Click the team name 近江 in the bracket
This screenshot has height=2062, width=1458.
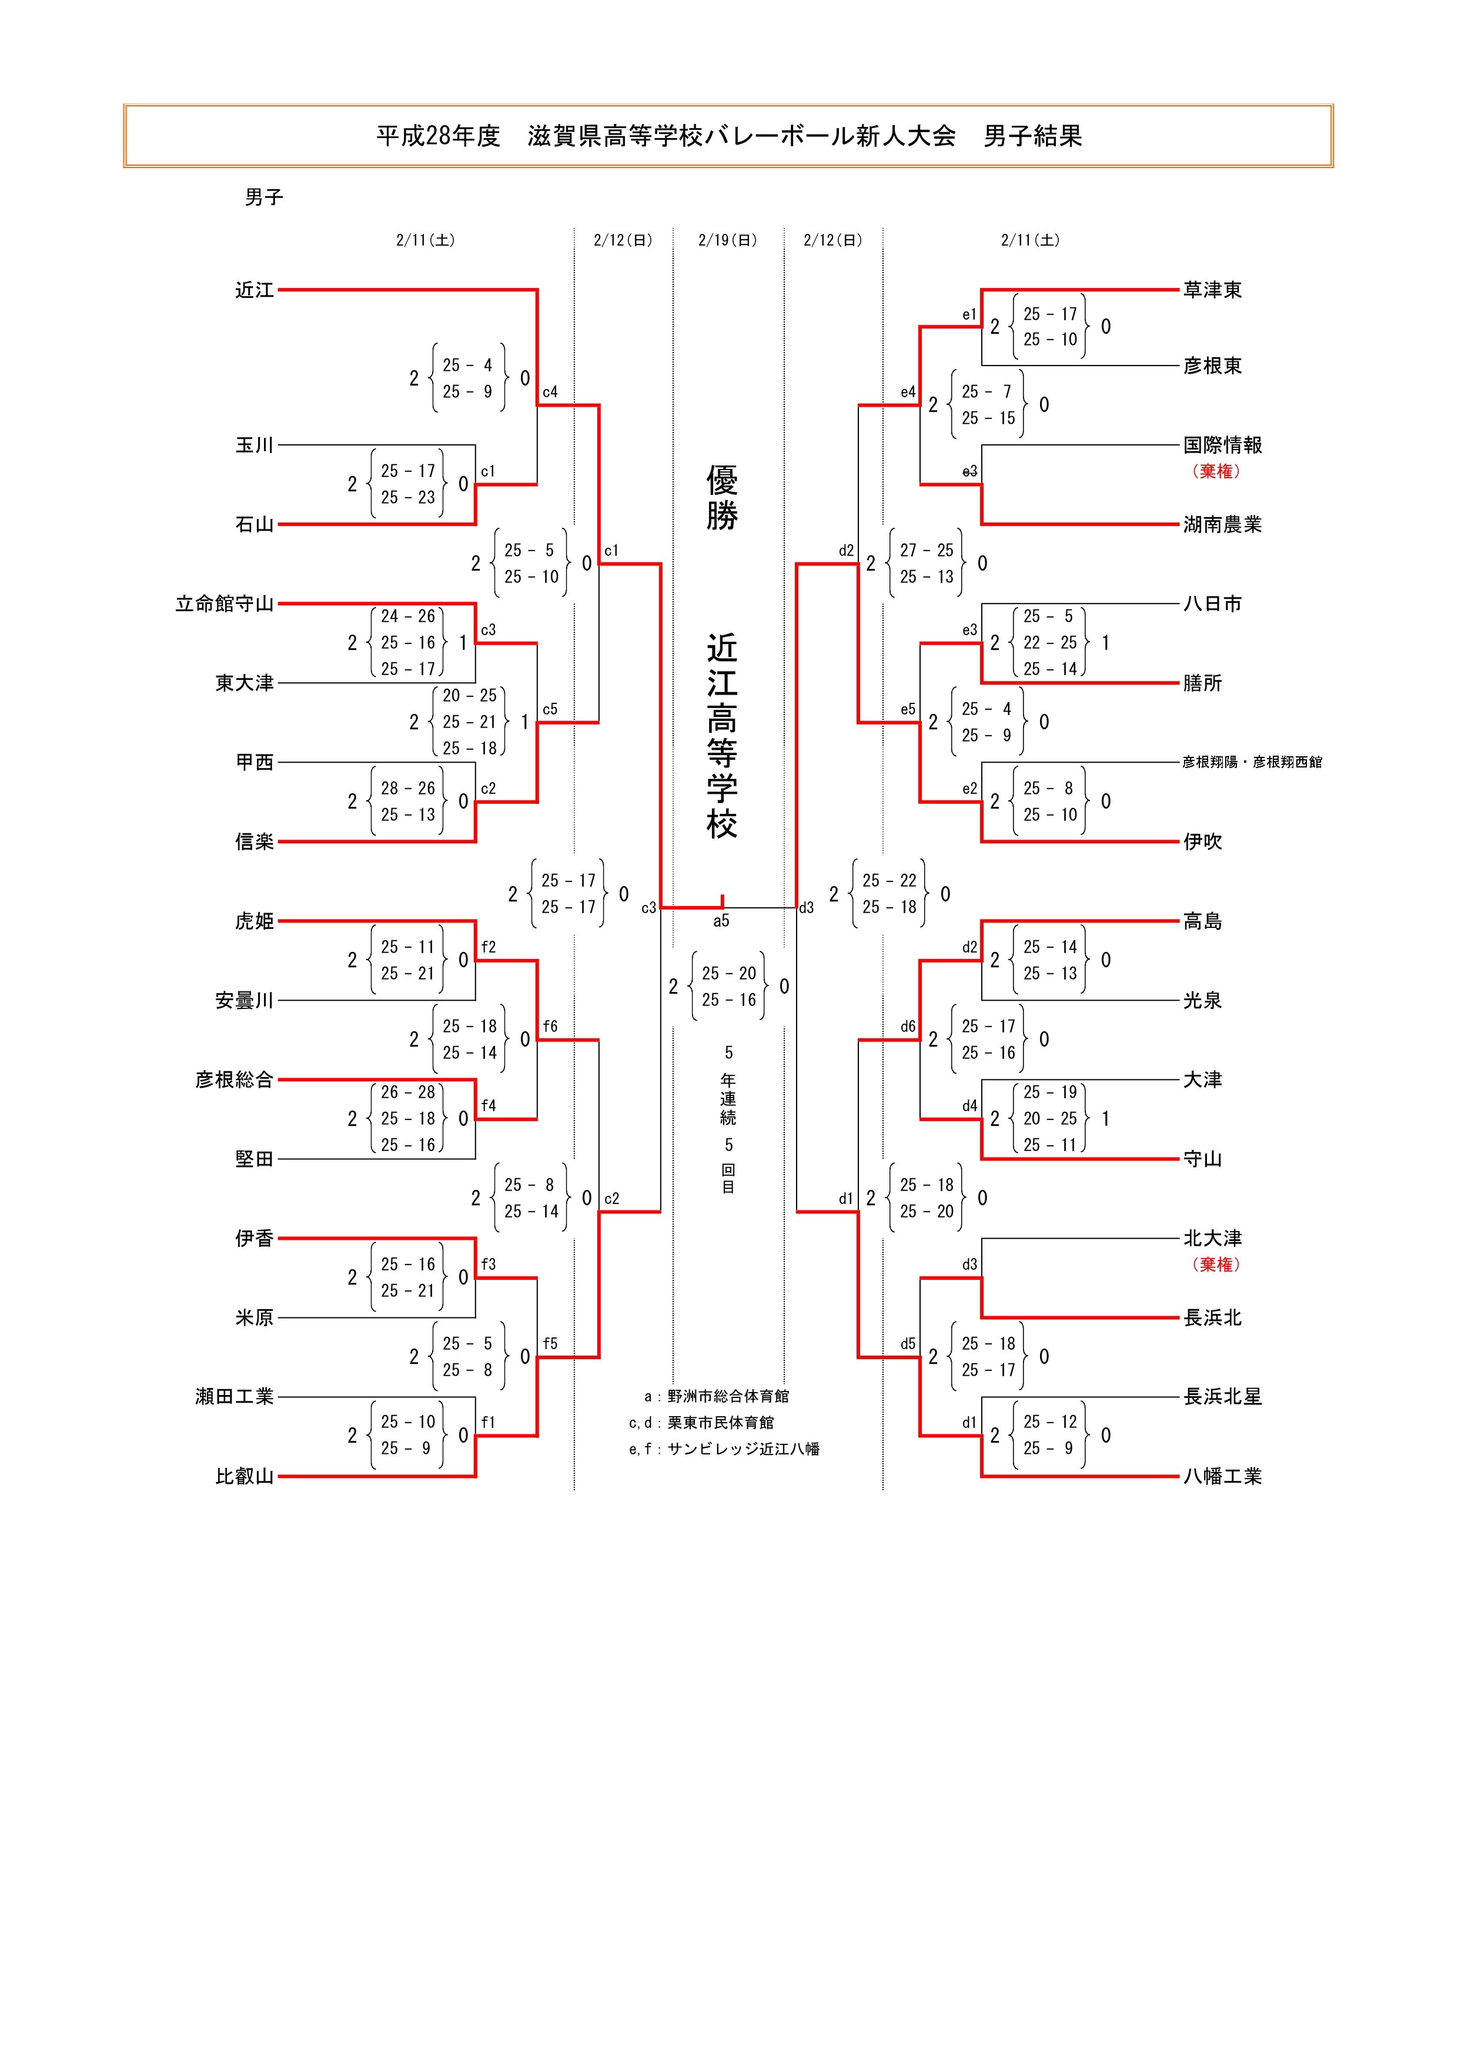(254, 290)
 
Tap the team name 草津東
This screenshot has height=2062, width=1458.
(1212, 290)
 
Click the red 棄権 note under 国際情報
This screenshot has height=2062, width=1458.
(1216, 471)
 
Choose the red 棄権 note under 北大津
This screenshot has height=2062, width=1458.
(1216, 1265)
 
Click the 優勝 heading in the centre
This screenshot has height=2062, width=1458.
(723, 498)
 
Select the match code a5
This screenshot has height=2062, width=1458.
(721, 921)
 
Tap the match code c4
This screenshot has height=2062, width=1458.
(550, 393)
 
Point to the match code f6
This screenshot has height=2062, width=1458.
(550, 1027)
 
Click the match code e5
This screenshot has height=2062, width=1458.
(908, 709)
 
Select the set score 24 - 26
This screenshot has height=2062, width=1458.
(408, 616)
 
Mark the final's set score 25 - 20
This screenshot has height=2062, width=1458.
(728, 974)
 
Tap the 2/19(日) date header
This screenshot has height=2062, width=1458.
(728, 241)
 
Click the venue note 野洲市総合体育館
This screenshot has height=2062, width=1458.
(728, 1397)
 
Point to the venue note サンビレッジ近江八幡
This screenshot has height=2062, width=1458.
(743, 1449)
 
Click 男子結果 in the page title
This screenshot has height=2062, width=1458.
(1032, 136)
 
